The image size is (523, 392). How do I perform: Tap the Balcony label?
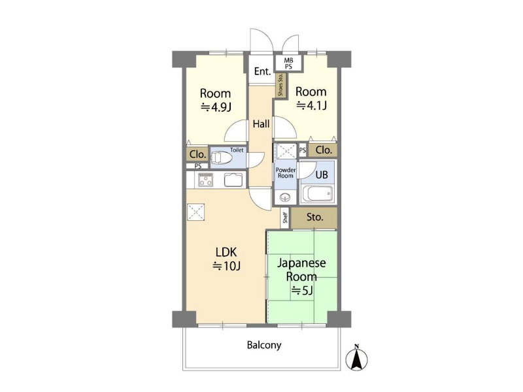coord(264,345)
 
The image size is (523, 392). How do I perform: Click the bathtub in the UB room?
coord(316,194)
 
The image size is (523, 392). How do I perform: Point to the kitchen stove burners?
coord(205,180)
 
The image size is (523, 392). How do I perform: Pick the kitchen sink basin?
coord(235,180)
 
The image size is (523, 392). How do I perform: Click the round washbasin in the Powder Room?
coord(285,197)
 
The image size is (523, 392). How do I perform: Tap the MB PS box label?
coord(288,63)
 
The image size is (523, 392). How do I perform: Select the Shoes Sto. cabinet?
coord(280,85)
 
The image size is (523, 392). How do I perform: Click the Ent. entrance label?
coord(262,71)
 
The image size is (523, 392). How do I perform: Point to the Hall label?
coord(261,124)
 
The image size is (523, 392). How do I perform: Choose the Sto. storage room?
coord(314,218)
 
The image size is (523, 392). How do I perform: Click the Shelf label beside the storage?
coord(285,218)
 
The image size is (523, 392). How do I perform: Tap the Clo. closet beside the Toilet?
coord(197,154)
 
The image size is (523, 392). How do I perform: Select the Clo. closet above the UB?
coord(323,150)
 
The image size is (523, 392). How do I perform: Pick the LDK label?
coord(226,252)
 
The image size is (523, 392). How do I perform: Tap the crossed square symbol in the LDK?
coord(195,212)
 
